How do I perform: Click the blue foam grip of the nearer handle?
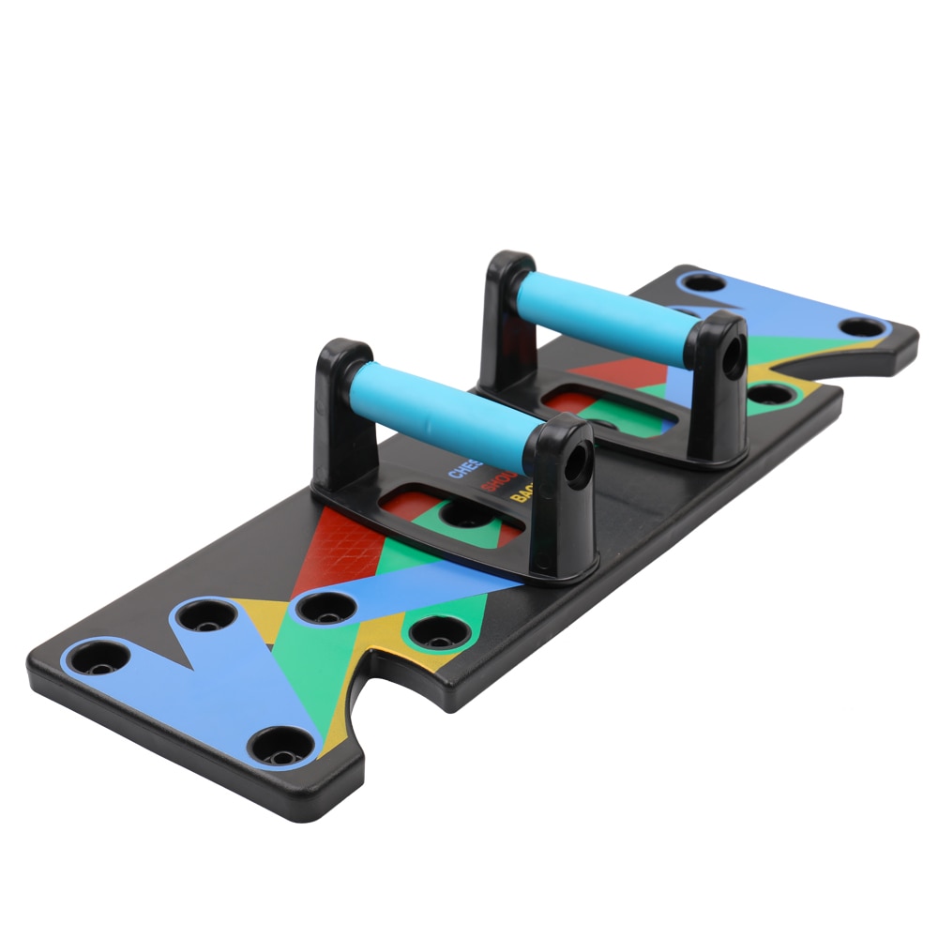click(x=441, y=413)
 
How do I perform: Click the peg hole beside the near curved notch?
click(x=440, y=631)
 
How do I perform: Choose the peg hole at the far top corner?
click(x=704, y=281)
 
